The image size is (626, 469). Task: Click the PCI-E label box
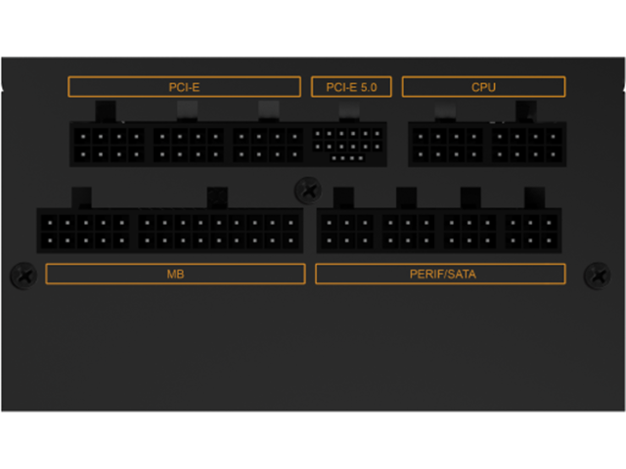(184, 87)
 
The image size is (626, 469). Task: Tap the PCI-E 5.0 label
(351, 87)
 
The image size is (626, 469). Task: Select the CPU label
(483, 87)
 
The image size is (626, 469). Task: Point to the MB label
(175, 274)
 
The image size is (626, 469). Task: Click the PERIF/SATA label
(442, 274)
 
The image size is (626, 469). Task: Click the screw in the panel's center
(308, 189)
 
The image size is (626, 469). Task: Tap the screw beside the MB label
(23, 276)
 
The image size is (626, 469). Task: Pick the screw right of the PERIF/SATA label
(597, 276)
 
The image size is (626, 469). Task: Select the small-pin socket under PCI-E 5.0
(348, 144)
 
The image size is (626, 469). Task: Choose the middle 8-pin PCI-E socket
(189, 144)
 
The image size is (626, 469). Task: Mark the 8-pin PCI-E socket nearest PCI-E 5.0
(269, 144)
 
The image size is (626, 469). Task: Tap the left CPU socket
(447, 144)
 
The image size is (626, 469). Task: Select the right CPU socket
(527, 144)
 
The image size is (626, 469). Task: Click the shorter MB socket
(85, 231)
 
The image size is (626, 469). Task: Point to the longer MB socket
(219, 231)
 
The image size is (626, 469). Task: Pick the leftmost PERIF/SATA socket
(346, 231)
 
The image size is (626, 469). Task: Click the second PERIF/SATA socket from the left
(408, 231)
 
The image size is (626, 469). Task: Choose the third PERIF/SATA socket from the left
(470, 231)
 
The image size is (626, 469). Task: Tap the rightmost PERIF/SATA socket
(533, 231)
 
